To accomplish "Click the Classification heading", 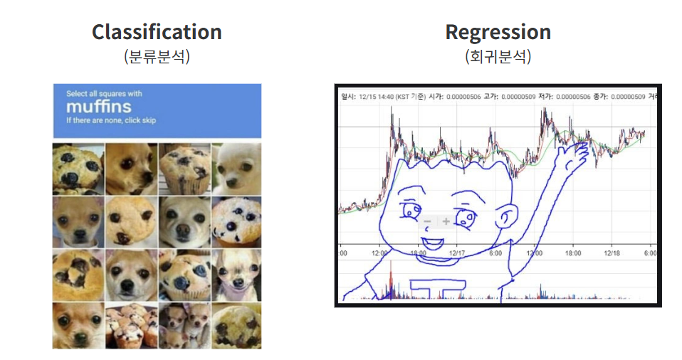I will coord(157,32).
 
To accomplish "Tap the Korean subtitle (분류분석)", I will coord(157,56).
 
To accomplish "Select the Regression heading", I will coord(498,32).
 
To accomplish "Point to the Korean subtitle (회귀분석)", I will coord(498,56).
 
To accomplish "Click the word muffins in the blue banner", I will coord(98,107).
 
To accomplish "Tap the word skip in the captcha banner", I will coord(148,120).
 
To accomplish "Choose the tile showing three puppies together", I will coord(184,326).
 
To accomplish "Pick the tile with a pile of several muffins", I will coord(131,326).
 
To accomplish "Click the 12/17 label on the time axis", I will coord(457,253).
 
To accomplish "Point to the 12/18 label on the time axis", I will coord(612,253).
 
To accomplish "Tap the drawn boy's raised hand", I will coord(578,150).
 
